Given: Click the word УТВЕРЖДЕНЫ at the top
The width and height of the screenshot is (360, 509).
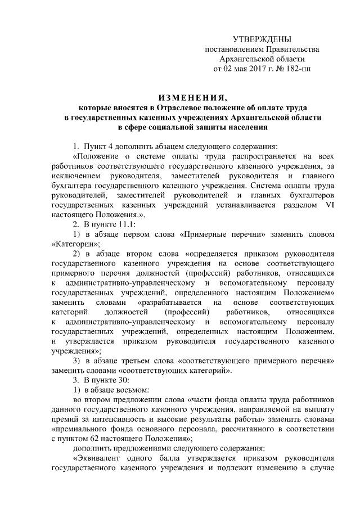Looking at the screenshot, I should click(x=262, y=39).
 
